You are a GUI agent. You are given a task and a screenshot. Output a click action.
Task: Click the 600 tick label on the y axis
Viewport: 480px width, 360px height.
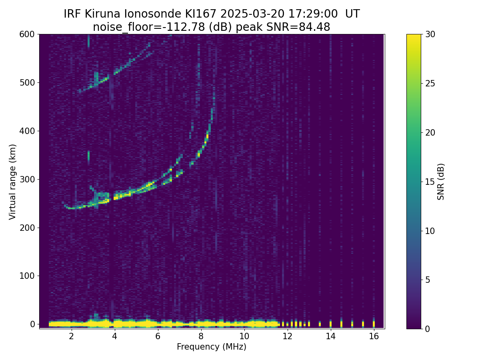tap(27, 34)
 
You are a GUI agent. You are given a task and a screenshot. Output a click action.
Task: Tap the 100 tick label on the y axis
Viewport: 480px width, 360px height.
tap(27, 276)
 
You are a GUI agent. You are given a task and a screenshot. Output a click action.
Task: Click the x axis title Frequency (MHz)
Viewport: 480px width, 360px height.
tap(212, 347)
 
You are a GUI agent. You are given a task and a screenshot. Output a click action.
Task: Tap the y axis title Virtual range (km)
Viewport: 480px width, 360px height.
tap(13, 182)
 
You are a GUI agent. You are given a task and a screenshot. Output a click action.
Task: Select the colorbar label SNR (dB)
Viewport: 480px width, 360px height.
tap(441, 182)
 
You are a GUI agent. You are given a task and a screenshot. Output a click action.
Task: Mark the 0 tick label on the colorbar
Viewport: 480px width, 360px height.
tap(427, 329)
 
